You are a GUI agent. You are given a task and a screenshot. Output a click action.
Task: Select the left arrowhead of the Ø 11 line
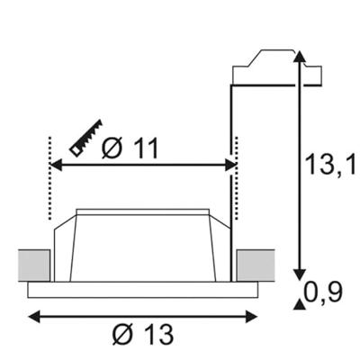[x=52, y=166]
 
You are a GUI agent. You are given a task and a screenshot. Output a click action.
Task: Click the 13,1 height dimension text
[x=328, y=163]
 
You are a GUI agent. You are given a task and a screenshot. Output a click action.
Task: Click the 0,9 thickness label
[x=325, y=292]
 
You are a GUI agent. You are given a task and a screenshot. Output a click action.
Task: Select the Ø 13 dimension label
[x=143, y=334]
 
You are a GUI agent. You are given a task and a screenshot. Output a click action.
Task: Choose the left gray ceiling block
[x=32, y=265]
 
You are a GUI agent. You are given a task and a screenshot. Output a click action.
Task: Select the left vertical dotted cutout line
[x=47, y=180]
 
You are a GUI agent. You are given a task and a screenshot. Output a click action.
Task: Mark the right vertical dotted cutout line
[x=236, y=180]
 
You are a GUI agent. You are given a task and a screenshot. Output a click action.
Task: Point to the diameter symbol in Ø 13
[x=121, y=334]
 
